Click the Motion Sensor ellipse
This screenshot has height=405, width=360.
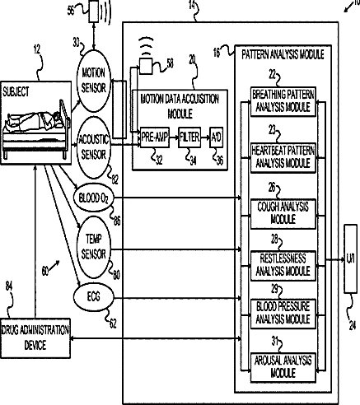tap(94, 81)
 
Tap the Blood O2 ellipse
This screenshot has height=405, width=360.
tap(93, 198)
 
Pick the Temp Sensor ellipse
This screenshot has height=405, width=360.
tap(94, 247)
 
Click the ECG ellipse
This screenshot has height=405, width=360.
tap(93, 297)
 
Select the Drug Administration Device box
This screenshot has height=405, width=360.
tap(35, 338)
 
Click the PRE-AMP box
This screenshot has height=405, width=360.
tap(155, 137)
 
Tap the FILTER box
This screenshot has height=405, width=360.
tap(189, 137)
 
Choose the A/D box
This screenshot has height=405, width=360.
tap(216, 137)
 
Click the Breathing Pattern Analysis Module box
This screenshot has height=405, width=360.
tap(283, 101)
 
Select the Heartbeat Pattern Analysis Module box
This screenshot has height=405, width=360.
tap(283, 157)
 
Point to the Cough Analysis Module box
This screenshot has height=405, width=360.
tap(283, 214)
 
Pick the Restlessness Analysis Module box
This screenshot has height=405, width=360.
tap(283, 266)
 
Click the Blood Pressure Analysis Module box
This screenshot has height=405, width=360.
tap(283, 314)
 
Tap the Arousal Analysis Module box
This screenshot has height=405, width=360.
tap(283, 367)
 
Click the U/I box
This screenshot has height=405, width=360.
tap(351, 259)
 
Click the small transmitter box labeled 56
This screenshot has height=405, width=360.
tap(94, 12)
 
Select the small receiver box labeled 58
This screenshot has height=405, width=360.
tap(146, 66)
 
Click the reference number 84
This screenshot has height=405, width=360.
tap(9, 286)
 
